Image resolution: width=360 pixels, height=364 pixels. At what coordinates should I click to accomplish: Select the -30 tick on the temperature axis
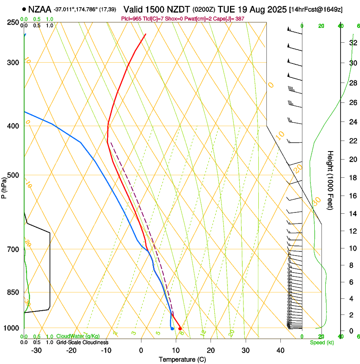(x=37, y=350)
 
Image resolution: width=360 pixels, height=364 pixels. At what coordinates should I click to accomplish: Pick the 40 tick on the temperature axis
(x=280, y=350)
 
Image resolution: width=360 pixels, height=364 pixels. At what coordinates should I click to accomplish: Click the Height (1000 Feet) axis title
(x=330, y=180)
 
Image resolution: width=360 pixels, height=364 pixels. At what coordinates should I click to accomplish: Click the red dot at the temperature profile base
(x=180, y=328)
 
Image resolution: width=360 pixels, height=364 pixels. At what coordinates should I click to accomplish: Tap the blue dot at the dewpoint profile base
(x=172, y=328)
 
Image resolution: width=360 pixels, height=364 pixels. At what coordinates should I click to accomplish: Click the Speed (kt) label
(x=321, y=342)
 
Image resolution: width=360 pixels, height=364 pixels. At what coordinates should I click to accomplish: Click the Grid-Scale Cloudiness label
(x=83, y=342)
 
